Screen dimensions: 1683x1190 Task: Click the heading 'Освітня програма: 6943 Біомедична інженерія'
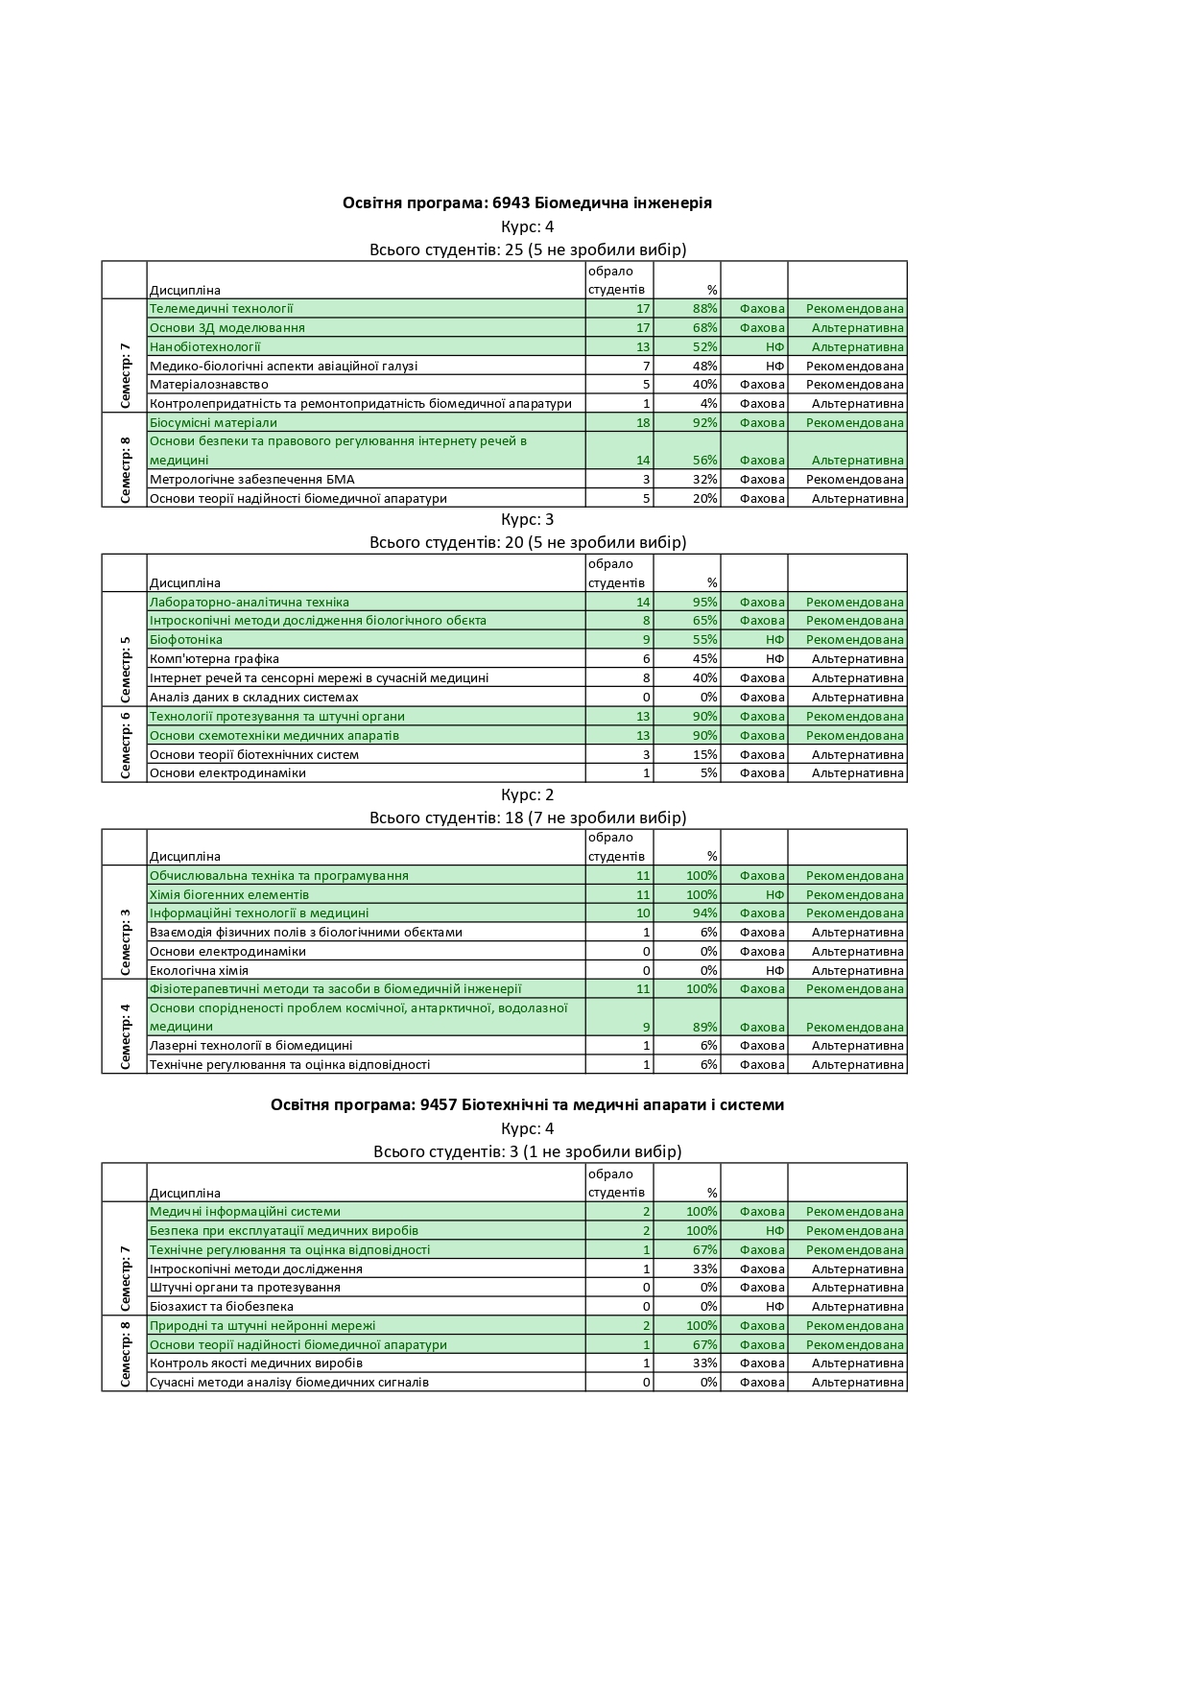point(527,203)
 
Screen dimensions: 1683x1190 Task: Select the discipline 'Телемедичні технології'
point(222,309)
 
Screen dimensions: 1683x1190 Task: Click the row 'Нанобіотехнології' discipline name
point(205,347)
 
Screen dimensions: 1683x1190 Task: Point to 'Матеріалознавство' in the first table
point(209,385)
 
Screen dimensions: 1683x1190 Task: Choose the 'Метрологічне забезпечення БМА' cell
point(252,480)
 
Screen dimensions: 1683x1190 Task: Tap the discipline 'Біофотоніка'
point(186,640)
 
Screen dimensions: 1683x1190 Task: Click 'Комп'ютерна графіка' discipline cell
point(215,659)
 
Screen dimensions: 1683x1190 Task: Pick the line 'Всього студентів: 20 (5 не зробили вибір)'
point(528,543)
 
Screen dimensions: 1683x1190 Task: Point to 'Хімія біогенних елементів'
point(229,895)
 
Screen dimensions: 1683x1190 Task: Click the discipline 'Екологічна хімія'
point(200,971)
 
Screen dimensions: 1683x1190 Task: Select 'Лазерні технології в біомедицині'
point(251,1046)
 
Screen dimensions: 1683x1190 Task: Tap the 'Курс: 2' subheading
point(528,795)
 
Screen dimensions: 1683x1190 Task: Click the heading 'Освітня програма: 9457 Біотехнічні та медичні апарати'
point(527,1105)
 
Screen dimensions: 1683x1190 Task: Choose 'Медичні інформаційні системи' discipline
point(246,1212)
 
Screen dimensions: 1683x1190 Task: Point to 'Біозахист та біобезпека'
point(222,1307)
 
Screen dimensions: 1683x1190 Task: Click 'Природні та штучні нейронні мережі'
point(263,1326)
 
